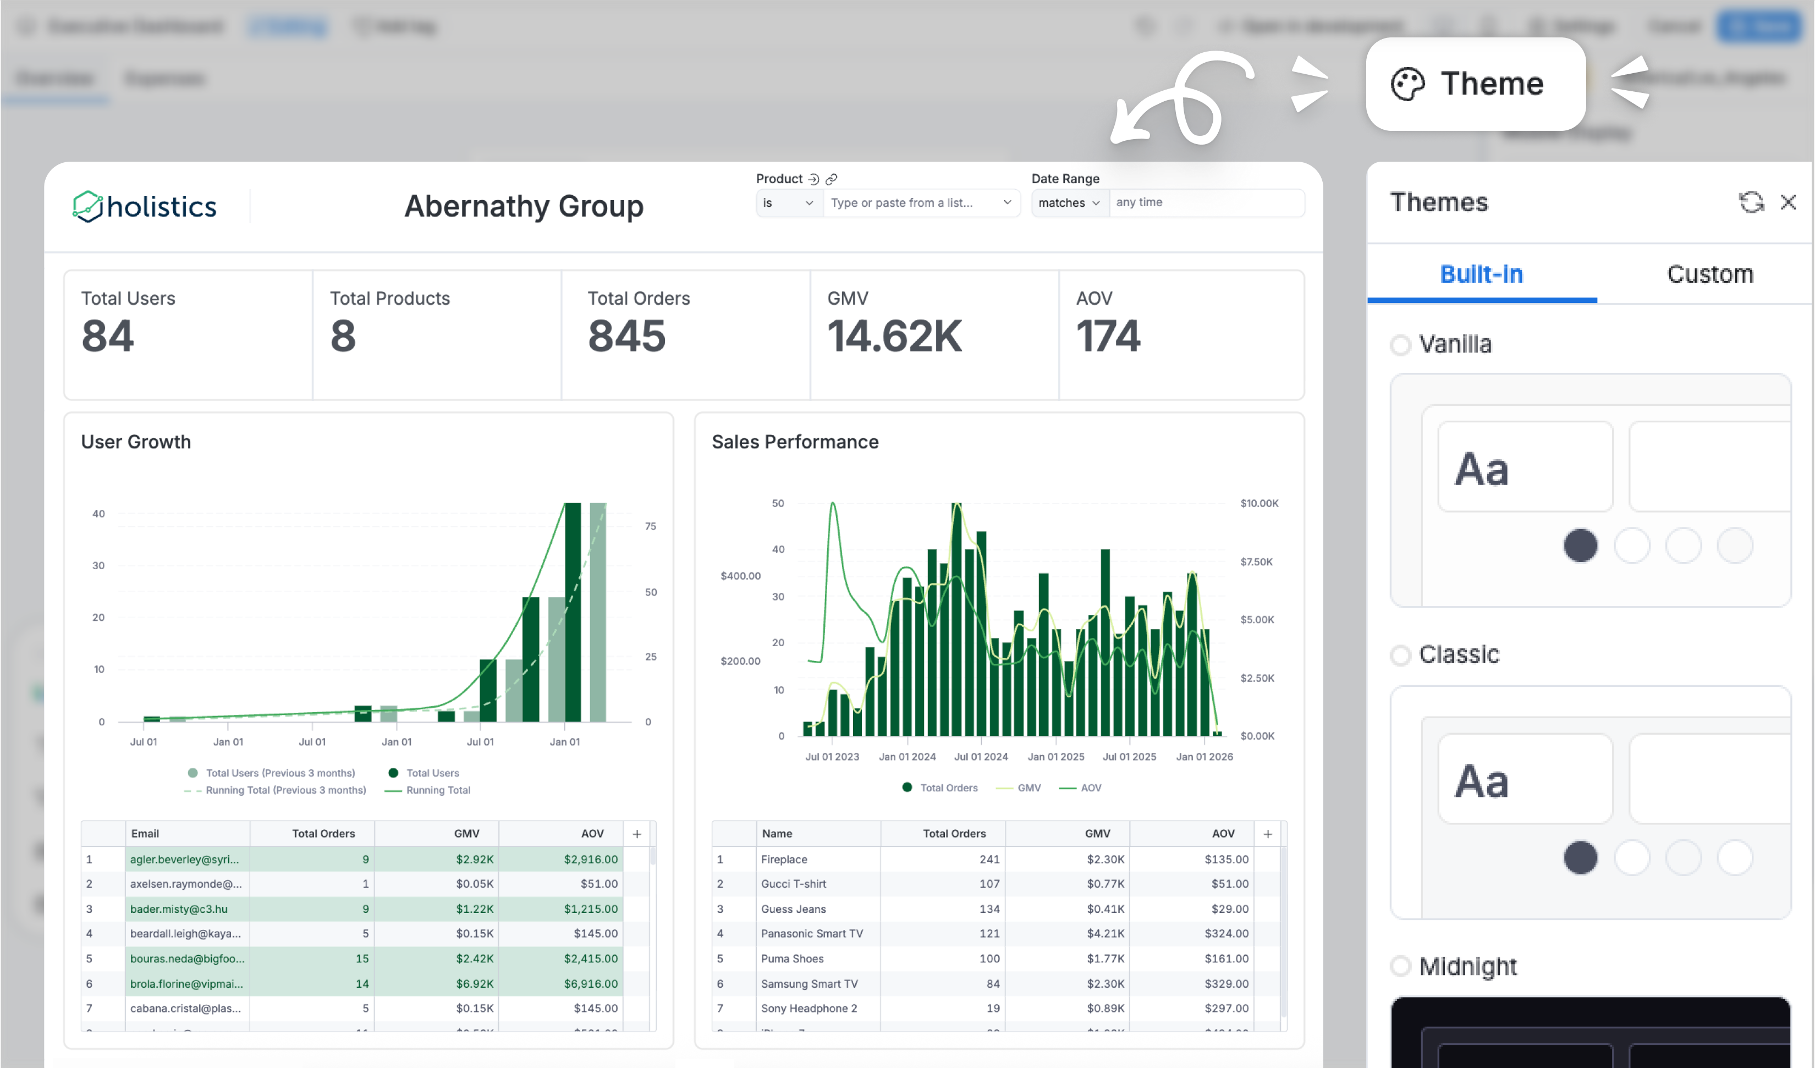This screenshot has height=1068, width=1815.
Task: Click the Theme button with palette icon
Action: (x=1475, y=84)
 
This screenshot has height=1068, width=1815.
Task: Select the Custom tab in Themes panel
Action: (x=1709, y=274)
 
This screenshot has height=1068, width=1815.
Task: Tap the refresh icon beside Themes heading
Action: (x=1750, y=202)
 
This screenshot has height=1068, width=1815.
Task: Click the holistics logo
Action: (x=145, y=207)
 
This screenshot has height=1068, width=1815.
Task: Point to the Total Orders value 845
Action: (x=626, y=337)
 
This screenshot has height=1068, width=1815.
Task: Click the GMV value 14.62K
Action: (x=894, y=337)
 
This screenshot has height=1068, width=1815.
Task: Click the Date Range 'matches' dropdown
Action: (x=1069, y=203)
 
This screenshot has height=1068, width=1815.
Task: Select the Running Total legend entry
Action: (x=437, y=790)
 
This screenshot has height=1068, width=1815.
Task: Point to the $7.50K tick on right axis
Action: (x=1256, y=561)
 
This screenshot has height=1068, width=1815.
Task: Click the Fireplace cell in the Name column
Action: (x=784, y=859)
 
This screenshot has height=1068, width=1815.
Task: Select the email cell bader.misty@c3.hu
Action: (x=179, y=909)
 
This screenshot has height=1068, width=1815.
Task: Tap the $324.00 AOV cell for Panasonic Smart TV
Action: (x=1226, y=933)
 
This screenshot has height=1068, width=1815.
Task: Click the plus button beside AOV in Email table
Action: (x=637, y=834)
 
